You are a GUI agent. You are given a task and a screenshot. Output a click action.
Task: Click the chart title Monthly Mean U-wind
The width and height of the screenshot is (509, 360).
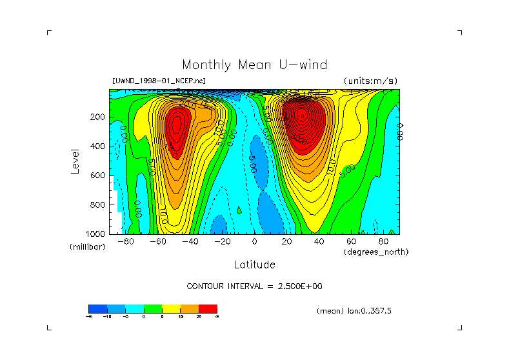click(x=254, y=65)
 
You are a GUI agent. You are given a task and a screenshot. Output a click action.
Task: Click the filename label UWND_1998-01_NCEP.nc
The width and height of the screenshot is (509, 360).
click(x=159, y=81)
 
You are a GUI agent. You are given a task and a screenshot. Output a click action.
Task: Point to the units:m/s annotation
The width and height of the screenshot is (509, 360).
click(x=370, y=81)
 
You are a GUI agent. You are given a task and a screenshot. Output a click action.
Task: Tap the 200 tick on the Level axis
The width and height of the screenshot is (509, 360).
click(x=97, y=117)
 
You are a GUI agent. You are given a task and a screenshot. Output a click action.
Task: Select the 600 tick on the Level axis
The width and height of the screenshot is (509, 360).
click(x=97, y=175)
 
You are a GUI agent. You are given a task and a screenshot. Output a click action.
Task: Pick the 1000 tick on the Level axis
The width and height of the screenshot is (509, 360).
click(x=95, y=234)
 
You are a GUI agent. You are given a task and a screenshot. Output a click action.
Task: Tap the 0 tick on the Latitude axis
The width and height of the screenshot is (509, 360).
click(x=254, y=241)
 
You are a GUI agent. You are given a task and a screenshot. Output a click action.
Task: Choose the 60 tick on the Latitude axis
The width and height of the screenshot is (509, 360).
click(x=351, y=241)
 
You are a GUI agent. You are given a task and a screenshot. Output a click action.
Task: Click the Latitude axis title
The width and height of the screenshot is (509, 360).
click(x=254, y=265)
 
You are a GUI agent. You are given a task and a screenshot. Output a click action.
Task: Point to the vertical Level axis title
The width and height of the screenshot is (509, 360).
click(x=75, y=160)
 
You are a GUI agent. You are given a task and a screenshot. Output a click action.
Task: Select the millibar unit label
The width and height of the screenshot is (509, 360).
click(x=87, y=247)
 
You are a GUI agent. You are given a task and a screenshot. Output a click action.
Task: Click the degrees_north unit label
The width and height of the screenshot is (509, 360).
click(x=376, y=252)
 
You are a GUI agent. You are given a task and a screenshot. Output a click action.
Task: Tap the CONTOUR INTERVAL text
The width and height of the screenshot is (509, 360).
click(x=254, y=286)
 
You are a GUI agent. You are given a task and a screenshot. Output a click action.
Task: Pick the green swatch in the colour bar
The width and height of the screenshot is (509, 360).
click(x=153, y=308)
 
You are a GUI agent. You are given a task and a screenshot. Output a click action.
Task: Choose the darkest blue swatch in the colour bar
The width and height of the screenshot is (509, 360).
click(x=97, y=308)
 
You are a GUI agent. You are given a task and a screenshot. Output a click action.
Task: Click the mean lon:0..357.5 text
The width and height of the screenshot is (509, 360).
click(x=354, y=311)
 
